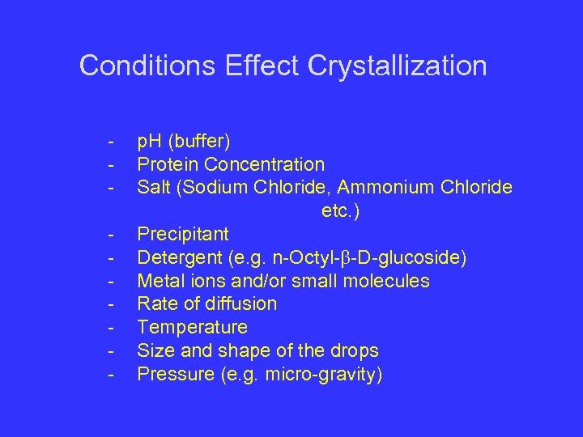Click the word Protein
[x=168, y=165]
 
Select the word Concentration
[x=264, y=165]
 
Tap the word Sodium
[x=218, y=188]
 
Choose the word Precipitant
[x=183, y=235]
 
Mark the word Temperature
[x=193, y=328]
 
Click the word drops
[x=355, y=351]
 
